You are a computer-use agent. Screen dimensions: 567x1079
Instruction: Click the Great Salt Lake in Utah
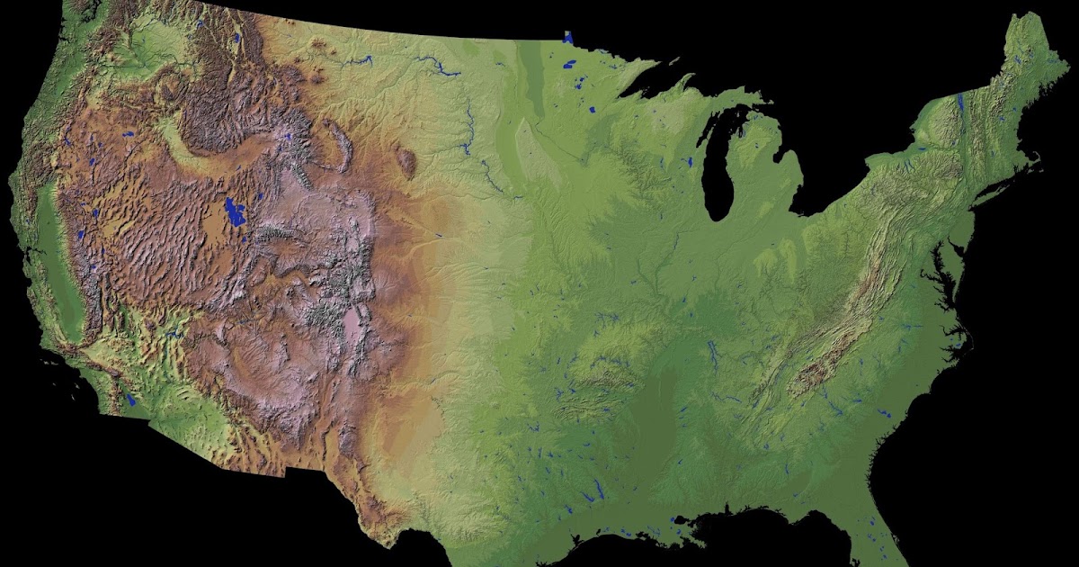[x=236, y=214]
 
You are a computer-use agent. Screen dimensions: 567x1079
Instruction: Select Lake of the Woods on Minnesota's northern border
[x=567, y=38]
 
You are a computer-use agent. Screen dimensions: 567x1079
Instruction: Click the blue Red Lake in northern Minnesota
[x=568, y=64]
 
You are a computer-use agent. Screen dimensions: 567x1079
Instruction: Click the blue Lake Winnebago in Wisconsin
[x=690, y=163]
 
